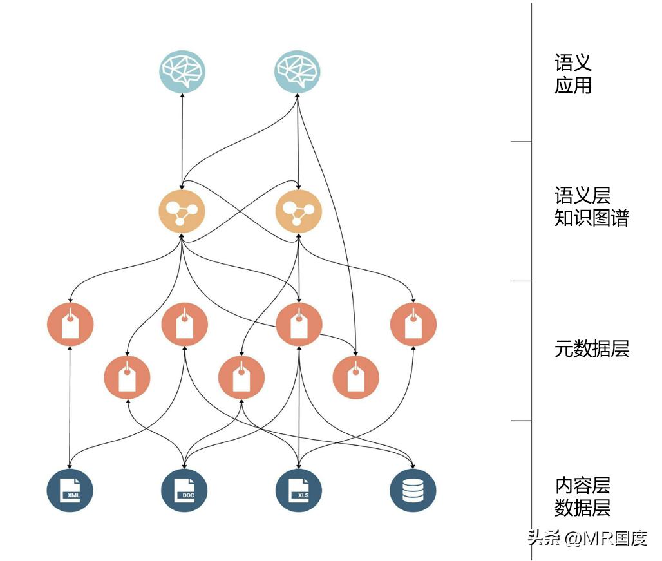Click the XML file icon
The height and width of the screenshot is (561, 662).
tap(70, 490)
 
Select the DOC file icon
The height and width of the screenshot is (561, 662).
tap(184, 490)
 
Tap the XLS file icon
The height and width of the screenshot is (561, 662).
tap(299, 490)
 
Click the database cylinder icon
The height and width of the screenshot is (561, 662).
tap(413, 490)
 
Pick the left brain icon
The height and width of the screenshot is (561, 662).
tap(182, 71)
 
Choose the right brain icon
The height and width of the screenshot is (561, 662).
tap(298, 71)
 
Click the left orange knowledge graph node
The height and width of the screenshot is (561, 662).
tap(182, 211)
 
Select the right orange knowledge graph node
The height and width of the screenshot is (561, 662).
tap(299, 211)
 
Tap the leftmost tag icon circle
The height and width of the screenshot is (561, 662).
tap(70, 324)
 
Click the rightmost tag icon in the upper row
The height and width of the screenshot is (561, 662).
tap(413, 324)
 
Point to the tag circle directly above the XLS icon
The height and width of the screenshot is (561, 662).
tap(299, 324)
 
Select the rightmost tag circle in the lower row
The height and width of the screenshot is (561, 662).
tap(356, 377)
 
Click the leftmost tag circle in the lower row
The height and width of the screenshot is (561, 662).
tap(127, 377)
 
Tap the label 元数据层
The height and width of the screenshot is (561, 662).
tap(592, 349)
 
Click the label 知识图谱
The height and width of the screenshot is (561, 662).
tap(592, 218)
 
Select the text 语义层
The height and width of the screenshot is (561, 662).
tap(583, 195)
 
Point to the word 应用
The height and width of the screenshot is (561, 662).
tap(573, 85)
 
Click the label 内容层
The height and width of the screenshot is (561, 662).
tap(583, 486)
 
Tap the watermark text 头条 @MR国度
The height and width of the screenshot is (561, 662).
tap(587, 538)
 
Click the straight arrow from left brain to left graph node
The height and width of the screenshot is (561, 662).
tap(182, 142)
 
